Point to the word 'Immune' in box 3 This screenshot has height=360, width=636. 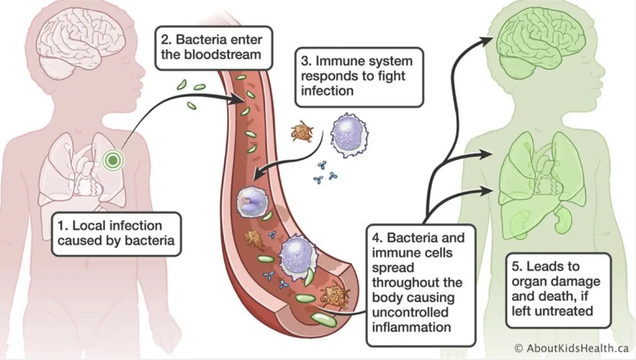pyautogui.click(x=335, y=62)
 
